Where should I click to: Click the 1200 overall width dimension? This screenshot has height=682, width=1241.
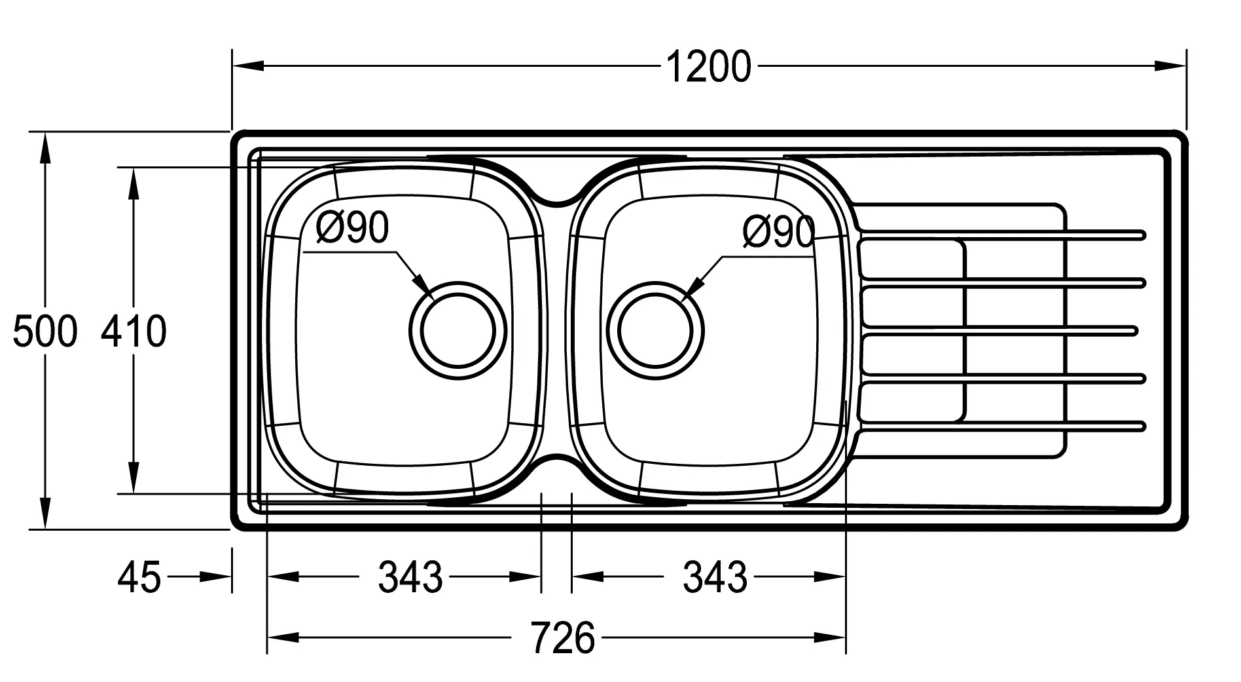point(708,67)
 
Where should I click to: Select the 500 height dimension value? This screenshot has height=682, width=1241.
point(45,331)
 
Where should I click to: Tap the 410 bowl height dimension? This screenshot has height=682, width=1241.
point(134,331)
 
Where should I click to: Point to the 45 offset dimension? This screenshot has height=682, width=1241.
point(139,577)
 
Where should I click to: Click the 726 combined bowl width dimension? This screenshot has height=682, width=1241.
point(563,637)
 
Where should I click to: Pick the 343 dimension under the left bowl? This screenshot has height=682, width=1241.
point(410,577)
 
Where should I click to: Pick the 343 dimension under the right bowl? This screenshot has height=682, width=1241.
point(715,577)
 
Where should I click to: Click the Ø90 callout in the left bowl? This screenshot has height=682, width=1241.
point(352,227)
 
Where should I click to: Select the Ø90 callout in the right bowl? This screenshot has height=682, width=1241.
point(779,231)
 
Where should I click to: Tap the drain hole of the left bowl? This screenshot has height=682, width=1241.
point(458,330)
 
